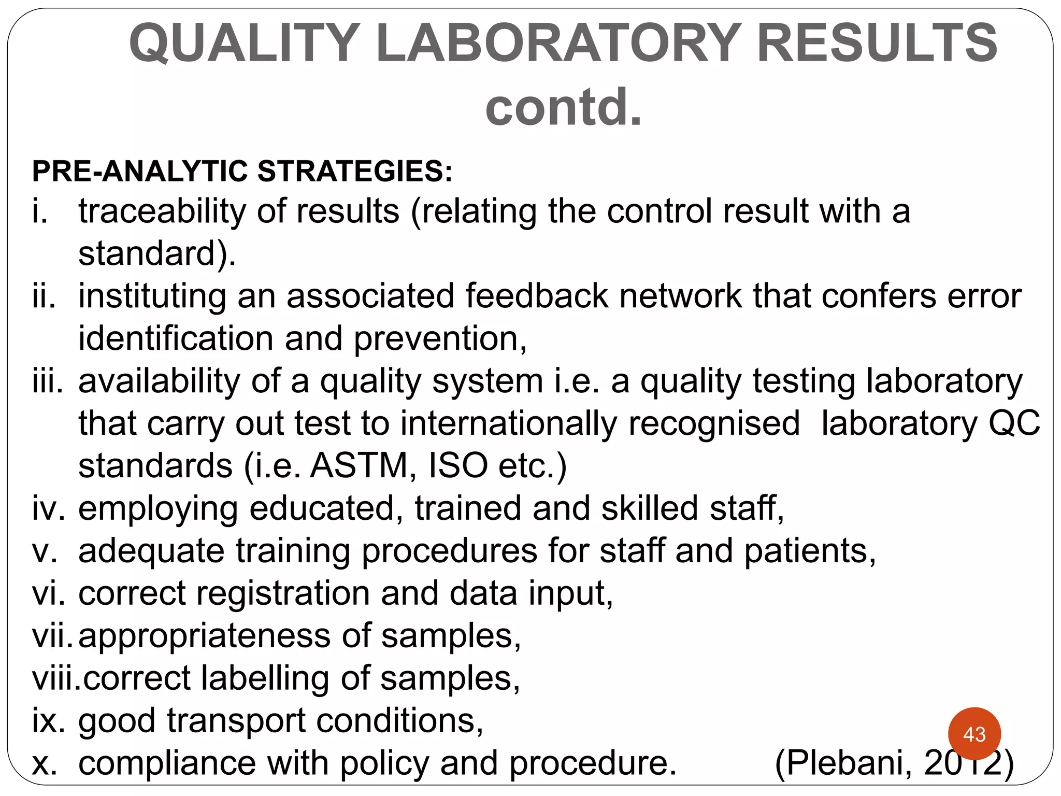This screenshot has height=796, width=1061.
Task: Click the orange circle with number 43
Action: tap(974, 734)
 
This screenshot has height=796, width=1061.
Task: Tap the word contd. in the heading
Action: tap(564, 107)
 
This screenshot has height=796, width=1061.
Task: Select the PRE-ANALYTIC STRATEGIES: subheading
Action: tap(242, 171)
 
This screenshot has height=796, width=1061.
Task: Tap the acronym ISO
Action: tap(458, 465)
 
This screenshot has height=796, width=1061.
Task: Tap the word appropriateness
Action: tap(204, 636)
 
